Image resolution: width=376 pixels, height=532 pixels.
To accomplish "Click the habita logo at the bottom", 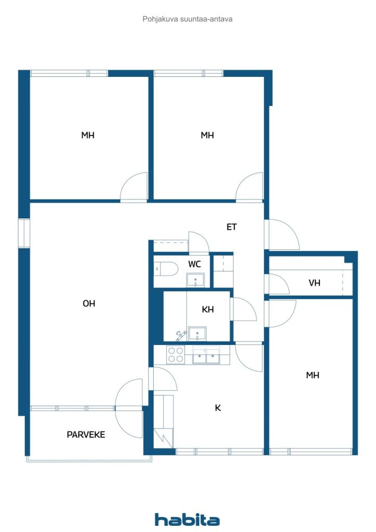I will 187,520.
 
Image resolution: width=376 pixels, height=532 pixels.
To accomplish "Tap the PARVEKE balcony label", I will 86,434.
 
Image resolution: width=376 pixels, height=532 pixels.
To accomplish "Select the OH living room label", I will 89,303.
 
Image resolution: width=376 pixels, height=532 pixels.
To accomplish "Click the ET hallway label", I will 232,227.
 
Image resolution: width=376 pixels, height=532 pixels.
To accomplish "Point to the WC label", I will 195,264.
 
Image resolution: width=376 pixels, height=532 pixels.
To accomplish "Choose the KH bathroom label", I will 208,310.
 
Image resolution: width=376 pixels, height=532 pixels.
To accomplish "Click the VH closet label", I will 314,283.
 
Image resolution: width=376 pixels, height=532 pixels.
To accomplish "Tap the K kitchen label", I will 218,408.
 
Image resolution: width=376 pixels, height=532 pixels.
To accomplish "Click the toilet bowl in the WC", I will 166,269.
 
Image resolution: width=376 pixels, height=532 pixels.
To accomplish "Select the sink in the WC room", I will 195,280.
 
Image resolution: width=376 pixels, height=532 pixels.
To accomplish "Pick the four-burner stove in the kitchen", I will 176,354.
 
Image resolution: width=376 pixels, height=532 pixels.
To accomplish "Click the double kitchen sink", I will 206,356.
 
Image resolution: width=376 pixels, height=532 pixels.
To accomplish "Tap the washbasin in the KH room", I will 197,332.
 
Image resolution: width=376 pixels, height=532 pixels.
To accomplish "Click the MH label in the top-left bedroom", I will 88,136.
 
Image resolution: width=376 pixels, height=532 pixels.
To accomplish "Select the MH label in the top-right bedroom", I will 208,136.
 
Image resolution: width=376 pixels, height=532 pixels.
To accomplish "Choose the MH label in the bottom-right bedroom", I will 313,375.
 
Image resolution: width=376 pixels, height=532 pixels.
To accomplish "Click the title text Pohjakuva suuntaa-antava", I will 187,19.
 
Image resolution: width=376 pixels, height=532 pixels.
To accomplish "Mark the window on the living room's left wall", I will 24,233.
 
